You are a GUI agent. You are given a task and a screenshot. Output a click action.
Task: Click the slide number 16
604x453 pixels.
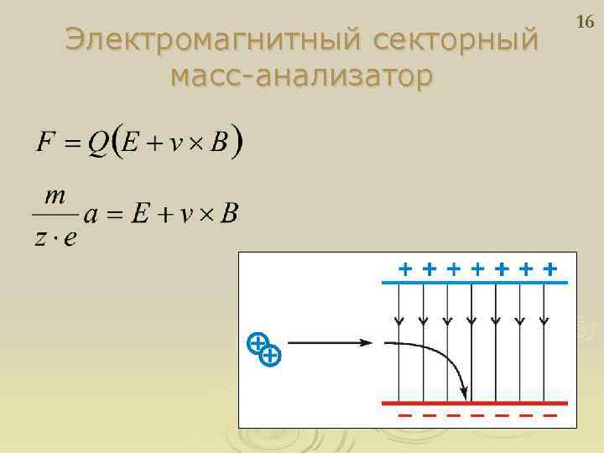(x=585, y=23)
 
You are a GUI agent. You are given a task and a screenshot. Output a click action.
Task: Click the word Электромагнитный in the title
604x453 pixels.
(x=212, y=39)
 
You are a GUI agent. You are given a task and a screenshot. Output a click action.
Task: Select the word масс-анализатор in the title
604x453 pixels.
(x=301, y=76)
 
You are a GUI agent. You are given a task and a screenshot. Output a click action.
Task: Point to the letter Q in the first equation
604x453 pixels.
(x=99, y=143)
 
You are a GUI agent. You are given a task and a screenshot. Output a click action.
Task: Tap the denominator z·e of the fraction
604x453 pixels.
(x=56, y=237)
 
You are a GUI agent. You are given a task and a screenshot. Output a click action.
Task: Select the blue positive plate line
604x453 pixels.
(x=474, y=284)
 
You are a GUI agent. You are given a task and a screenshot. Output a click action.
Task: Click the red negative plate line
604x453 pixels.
(x=474, y=404)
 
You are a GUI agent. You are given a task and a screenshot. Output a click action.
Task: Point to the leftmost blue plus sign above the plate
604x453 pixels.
(x=405, y=269)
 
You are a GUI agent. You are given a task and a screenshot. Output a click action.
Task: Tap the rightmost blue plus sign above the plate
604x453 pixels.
(x=550, y=269)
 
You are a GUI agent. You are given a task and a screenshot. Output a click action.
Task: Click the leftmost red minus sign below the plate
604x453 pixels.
(x=405, y=415)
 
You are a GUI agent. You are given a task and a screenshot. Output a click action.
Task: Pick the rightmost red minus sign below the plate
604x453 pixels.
(x=550, y=415)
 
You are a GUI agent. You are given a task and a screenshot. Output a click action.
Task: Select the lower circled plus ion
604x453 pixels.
(x=270, y=357)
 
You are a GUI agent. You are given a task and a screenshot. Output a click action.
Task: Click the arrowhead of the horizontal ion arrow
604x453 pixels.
(x=366, y=342)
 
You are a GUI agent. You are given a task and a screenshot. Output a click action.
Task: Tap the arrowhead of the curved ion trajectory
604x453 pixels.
(x=462, y=392)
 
